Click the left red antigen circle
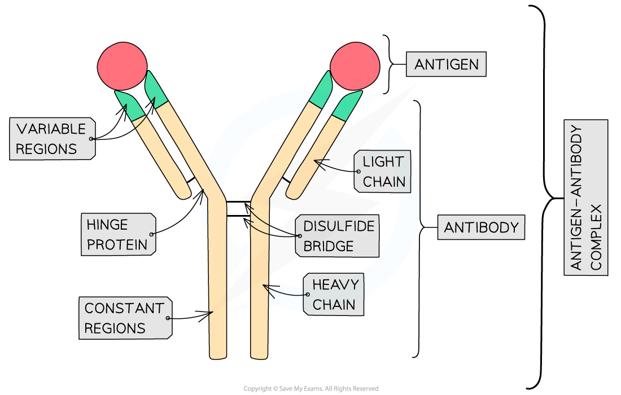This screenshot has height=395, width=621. click(x=122, y=66)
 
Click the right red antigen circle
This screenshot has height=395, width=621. click(x=354, y=66)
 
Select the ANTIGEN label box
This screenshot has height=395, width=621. click(x=446, y=64)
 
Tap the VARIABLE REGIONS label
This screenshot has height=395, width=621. click(x=51, y=139)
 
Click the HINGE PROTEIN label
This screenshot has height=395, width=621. click(x=117, y=234)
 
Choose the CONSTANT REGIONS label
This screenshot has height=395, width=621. click(x=124, y=318)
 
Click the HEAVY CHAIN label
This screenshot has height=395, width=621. click(x=334, y=295)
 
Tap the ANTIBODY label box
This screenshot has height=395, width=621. click(x=481, y=228)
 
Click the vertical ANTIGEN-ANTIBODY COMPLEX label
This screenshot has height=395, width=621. click(x=585, y=197)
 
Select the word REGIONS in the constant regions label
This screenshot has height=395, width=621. click(x=115, y=328)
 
